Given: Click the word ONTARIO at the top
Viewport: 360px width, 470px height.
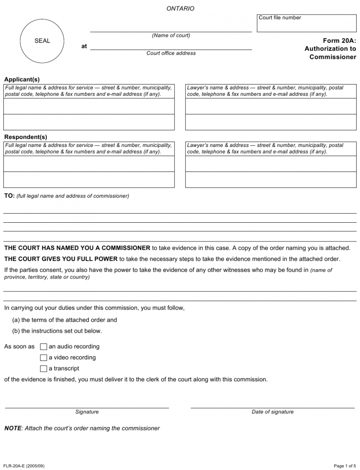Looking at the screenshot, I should (180, 8).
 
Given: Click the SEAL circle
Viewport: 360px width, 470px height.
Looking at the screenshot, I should (42, 41).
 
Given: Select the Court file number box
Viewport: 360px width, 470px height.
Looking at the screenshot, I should (306, 24).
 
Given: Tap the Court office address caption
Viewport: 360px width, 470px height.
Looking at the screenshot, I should (171, 53).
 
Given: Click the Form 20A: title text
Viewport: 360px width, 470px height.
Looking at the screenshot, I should (339, 40).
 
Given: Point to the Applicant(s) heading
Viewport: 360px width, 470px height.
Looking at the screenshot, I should (22, 79).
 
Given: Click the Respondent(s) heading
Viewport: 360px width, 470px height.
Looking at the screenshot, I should (25, 137).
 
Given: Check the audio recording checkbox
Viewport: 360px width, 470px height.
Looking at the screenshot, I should (43, 346).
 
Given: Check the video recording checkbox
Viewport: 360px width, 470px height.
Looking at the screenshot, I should (43, 358).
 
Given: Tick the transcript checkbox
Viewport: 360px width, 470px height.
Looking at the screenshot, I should (43, 368).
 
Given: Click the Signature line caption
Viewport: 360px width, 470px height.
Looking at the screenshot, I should (87, 412).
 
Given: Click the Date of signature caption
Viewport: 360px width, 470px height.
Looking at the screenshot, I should (272, 412).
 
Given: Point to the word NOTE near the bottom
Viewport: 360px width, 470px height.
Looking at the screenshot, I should (12, 428).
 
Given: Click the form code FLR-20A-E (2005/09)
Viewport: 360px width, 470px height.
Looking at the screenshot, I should (24, 466).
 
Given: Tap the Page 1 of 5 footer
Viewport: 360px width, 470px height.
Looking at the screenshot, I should (345, 466).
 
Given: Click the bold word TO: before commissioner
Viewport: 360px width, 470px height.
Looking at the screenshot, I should (9, 196).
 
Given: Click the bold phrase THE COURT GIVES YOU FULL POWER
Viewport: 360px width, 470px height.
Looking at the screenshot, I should (61, 259).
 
